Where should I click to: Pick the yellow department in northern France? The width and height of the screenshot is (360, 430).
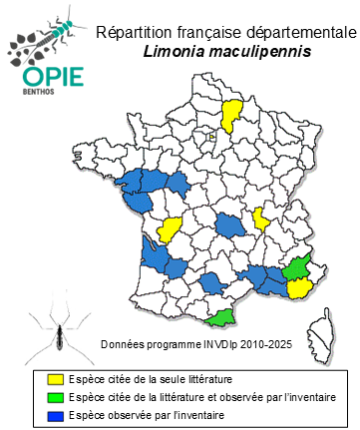click(x=231, y=116)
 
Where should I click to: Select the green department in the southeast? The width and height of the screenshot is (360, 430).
click(x=295, y=269)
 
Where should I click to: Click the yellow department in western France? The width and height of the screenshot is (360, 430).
click(x=170, y=230)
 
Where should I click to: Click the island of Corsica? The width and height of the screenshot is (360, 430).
click(x=321, y=322)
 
